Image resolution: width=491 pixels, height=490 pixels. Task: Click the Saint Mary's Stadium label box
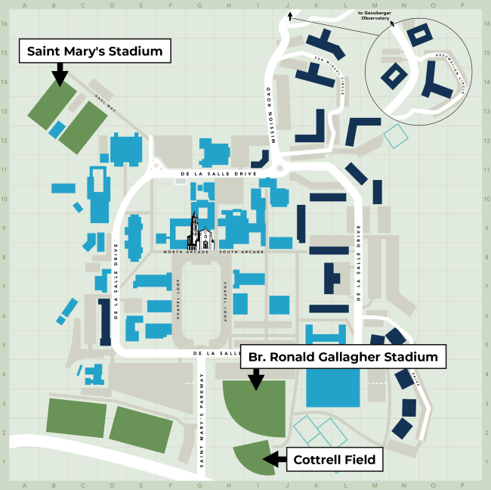pyautogui.click(x=95, y=52)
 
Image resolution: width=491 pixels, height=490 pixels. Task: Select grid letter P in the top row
pyautogui.click(x=462, y=5)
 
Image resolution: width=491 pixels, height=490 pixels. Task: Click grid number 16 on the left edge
pyautogui.click(x=4, y=23)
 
